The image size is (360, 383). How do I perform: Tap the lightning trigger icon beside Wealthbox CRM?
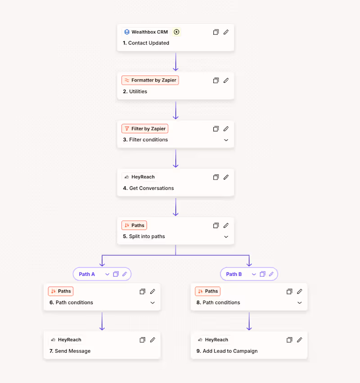[x=176, y=32]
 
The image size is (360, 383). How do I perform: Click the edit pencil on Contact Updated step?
[x=226, y=32]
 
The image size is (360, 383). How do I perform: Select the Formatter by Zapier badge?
[x=150, y=81]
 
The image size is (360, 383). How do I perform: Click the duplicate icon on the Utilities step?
[x=216, y=81]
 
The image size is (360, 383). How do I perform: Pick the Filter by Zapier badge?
[x=145, y=129]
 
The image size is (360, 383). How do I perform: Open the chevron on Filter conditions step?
[x=226, y=140]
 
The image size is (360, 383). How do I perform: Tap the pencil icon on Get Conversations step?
[x=226, y=177]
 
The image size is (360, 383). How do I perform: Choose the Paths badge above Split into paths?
[x=134, y=225]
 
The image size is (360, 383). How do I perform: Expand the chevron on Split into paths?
[x=226, y=237]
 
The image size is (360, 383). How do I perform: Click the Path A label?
[x=87, y=274]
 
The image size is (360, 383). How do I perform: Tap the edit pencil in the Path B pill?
[x=271, y=274]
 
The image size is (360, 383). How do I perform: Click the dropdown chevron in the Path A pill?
[x=107, y=274]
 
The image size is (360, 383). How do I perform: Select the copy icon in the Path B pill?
[x=262, y=274]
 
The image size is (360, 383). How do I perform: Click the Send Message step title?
[x=70, y=351]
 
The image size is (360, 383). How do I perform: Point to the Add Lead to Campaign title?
[x=227, y=351]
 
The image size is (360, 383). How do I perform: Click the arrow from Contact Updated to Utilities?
[x=175, y=62]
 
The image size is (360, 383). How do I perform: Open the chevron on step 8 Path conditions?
[x=300, y=302]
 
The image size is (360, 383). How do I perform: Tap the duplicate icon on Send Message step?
[x=142, y=340]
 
